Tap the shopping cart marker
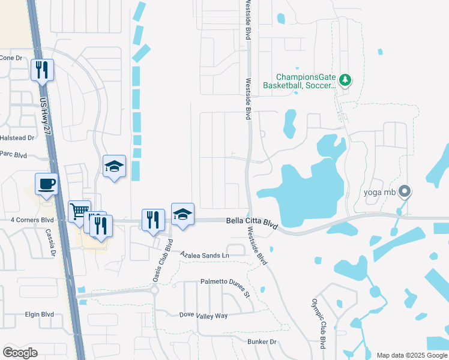(x=79, y=211)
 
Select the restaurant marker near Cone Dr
(x=42, y=69)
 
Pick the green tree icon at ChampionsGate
(x=345, y=80)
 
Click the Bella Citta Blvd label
(x=252, y=222)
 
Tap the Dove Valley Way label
(x=204, y=315)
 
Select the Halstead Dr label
(x=16, y=137)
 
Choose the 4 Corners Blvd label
(x=32, y=220)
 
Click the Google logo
(x=20, y=352)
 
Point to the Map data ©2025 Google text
(x=411, y=355)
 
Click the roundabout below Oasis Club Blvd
(x=154, y=290)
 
